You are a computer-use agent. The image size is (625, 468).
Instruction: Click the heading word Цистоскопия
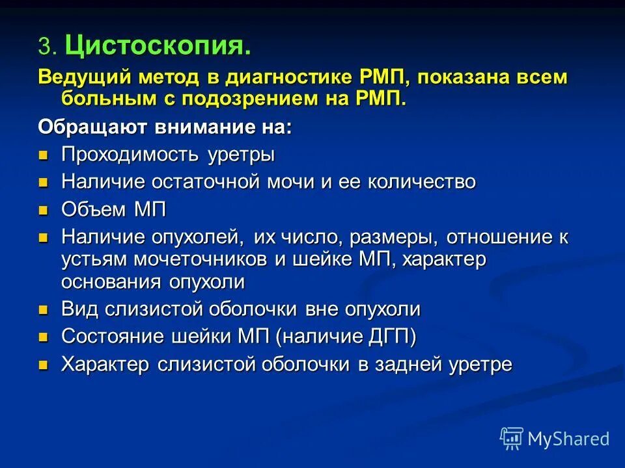(x=158, y=47)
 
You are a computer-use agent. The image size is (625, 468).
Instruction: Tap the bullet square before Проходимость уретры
(x=44, y=155)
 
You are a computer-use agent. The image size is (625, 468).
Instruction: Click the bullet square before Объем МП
(x=44, y=210)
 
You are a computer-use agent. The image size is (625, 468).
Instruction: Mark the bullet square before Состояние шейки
(x=44, y=337)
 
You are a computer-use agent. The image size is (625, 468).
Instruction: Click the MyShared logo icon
(x=511, y=438)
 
